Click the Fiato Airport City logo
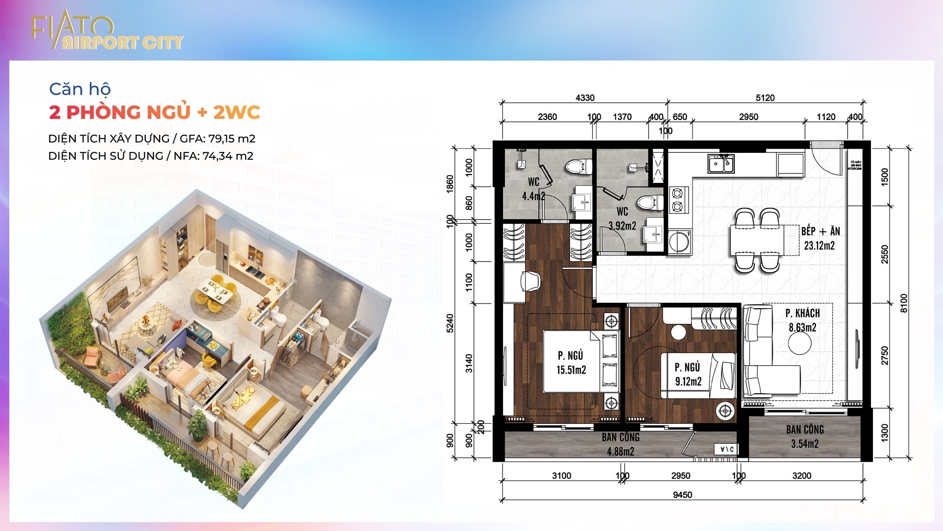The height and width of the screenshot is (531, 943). (107, 33)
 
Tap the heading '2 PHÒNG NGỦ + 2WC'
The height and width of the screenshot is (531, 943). (154, 113)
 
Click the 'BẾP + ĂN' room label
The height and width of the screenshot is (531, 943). (820, 231)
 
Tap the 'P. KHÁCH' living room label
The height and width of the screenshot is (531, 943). (802, 313)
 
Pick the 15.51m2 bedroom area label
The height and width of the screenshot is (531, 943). (571, 370)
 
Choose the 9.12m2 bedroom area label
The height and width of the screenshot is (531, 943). (688, 382)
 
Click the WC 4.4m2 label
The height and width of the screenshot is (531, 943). (533, 196)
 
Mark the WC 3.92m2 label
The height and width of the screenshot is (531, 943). (622, 226)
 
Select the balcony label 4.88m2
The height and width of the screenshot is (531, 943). (620, 451)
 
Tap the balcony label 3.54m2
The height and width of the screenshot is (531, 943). (804, 444)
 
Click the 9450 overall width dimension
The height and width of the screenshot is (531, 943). (682, 495)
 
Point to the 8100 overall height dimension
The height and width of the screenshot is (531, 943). (904, 303)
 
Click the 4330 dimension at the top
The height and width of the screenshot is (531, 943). (584, 98)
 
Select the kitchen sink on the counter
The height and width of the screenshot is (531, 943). (721, 164)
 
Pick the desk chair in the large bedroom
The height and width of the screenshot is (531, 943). (530, 281)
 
